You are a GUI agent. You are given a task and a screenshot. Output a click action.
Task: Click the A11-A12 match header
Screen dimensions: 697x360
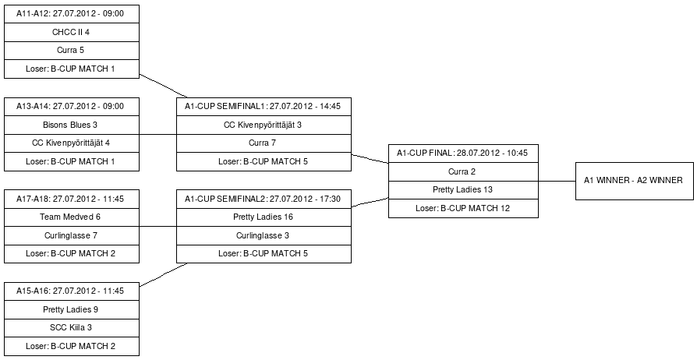pyautogui.click(x=72, y=14)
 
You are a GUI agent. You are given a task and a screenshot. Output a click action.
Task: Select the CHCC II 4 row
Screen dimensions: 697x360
pyautogui.click(x=72, y=33)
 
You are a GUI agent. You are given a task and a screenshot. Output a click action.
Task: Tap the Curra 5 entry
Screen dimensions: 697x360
pyautogui.click(x=72, y=51)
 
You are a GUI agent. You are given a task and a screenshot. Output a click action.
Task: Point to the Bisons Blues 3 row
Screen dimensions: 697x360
pyautogui.click(x=72, y=125)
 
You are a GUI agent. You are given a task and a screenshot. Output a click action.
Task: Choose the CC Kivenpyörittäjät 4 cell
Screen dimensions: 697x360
pyautogui.click(x=72, y=143)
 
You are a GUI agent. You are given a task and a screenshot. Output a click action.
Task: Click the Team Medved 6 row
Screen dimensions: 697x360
pyautogui.click(x=72, y=217)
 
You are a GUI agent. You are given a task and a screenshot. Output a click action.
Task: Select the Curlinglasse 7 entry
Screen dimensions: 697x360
pyautogui.click(x=72, y=235)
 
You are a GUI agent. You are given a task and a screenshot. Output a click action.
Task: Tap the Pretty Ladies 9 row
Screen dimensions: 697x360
pyautogui.click(x=72, y=309)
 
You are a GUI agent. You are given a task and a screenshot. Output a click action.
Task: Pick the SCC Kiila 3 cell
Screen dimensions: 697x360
pyautogui.click(x=72, y=327)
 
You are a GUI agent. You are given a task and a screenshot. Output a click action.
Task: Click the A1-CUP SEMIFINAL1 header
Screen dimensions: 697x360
pyautogui.click(x=264, y=107)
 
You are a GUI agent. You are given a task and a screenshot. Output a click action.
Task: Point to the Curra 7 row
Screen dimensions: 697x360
pyautogui.click(x=264, y=143)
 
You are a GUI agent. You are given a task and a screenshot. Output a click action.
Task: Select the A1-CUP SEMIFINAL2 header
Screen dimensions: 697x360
pyautogui.click(x=264, y=199)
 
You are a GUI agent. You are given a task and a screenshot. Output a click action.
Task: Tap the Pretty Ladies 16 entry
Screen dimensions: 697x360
pyautogui.click(x=264, y=217)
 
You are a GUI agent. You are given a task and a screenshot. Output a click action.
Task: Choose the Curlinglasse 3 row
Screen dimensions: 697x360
pyautogui.click(x=264, y=235)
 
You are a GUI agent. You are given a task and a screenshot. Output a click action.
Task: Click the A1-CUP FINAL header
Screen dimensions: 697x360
pyautogui.click(x=463, y=154)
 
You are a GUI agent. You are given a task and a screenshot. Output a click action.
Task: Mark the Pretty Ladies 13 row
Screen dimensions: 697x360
pyautogui.click(x=463, y=190)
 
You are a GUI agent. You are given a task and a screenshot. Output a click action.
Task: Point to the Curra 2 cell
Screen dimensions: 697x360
pyautogui.click(x=463, y=171)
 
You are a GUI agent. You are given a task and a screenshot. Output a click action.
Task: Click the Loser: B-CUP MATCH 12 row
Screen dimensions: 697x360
pyautogui.click(x=463, y=209)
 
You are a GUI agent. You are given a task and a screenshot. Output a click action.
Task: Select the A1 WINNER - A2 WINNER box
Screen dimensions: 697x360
pyautogui.click(x=635, y=181)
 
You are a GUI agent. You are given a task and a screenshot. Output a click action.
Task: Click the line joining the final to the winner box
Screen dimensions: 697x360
pyautogui.click(x=557, y=181)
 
